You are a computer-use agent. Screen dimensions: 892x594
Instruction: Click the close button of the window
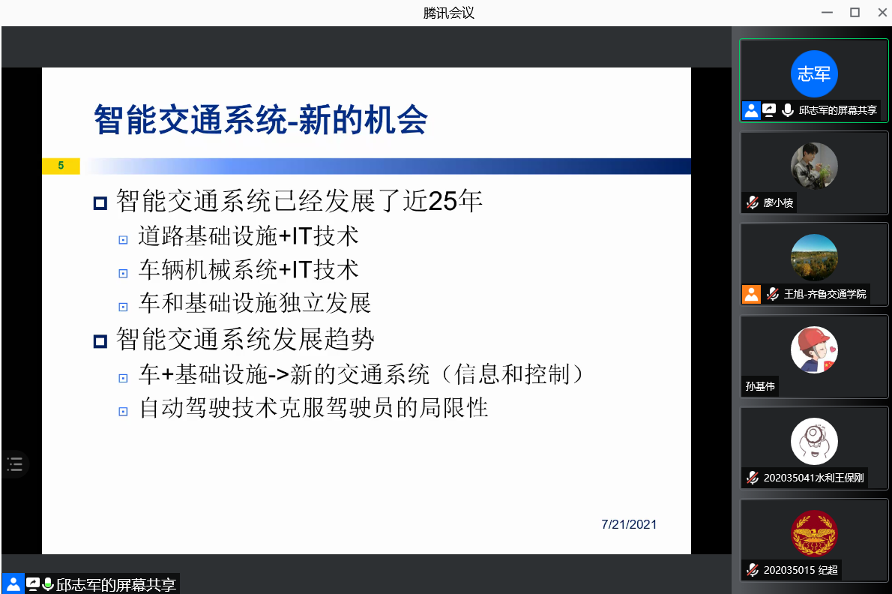pos(882,13)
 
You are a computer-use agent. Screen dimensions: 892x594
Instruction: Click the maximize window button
pos(855,13)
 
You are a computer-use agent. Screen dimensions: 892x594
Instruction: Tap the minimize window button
pos(827,13)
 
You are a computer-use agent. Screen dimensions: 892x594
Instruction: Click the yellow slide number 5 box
pos(61,166)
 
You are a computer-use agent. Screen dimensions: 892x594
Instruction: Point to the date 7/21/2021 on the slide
pos(629,524)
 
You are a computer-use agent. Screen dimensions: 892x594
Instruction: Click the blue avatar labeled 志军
pos(814,74)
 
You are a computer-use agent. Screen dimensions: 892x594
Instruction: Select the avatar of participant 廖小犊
pos(814,166)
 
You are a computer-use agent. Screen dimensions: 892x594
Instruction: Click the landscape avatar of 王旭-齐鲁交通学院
pos(814,258)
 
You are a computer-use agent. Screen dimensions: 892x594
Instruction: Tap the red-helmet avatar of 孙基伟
pos(814,349)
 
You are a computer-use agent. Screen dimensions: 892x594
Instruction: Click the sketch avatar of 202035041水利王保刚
pos(814,442)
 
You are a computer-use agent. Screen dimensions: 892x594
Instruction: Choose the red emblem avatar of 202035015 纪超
pos(814,534)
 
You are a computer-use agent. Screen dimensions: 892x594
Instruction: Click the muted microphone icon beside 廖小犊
pos(753,202)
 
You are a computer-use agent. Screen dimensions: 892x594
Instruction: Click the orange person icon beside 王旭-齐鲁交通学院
pos(752,294)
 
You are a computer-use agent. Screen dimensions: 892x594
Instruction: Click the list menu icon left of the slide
pos(15,464)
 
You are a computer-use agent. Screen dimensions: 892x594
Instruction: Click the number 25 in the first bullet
pos(442,201)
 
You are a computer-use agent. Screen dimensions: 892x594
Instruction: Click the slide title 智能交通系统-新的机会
pos(261,120)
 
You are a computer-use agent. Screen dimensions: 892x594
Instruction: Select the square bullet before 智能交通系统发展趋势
pos(100,341)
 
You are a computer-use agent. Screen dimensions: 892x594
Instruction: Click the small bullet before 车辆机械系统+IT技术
pos(123,274)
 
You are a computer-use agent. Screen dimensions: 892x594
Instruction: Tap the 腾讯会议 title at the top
pos(448,13)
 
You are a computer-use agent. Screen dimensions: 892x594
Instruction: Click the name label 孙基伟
pos(760,386)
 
